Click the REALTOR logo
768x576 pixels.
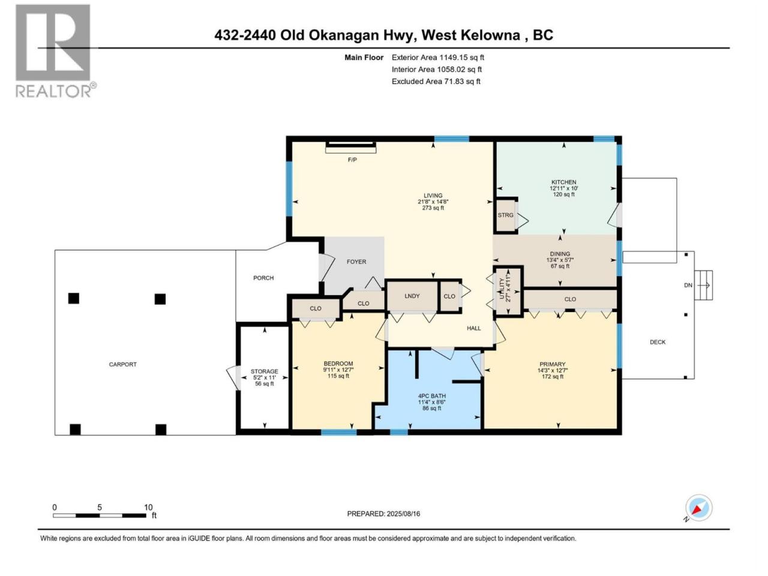(x=55, y=51)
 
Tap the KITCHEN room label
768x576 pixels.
(x=563, y=182)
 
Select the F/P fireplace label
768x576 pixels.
(x=352, y=160)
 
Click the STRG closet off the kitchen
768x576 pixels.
(x=505, y=215)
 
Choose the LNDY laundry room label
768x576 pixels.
(x=412, y=296)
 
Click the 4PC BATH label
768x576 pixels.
(x=432, y=396)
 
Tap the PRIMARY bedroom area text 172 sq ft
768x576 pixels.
(x=552, y=377)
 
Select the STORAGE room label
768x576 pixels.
(x=264, y=371)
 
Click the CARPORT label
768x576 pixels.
(x=122, y=364)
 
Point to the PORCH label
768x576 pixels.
(x=263, y=278)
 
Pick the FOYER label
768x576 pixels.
(x=356, y=262)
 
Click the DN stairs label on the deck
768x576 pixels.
(x=688, y=286)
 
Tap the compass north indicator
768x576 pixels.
(x=698, y=508)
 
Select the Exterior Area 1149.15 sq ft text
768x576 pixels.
(x=438, y=58)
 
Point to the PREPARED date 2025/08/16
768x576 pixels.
(x=383, y=514)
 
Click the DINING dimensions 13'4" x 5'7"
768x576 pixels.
(x=560, y=260)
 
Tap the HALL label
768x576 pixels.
(x=474, y=328)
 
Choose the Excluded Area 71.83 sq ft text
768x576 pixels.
(x=436, y=82)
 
